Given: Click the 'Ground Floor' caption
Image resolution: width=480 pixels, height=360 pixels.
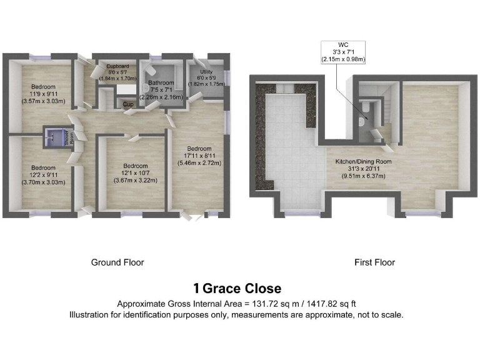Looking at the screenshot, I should (x=117, y=262).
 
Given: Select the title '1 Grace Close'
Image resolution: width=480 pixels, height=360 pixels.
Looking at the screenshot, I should (x=237, y=289).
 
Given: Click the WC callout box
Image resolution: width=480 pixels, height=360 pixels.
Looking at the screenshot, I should (x=343, y=52).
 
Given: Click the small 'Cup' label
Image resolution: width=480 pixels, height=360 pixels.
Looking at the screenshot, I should (x=128, y=104).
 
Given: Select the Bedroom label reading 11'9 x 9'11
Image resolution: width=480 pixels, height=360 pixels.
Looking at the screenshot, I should (x=44, y=93).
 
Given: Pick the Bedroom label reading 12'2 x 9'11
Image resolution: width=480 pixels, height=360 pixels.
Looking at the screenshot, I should (x=44, y=174).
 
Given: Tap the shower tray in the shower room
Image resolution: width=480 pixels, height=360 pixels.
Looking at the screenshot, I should (x=56, y=136).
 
